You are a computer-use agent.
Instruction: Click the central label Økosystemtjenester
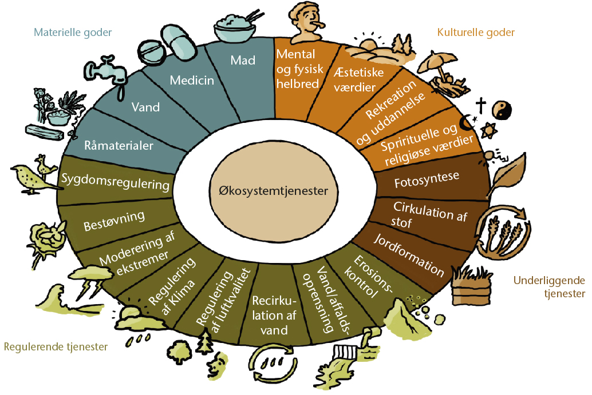coord(273,191)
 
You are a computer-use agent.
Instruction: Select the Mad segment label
coord(243,60)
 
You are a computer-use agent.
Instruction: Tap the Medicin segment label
coord(192,80)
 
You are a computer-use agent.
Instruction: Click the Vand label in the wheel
coord(145,107)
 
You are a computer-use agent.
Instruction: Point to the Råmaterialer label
coord(119,146)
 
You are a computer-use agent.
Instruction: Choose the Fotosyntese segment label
coord(427,180)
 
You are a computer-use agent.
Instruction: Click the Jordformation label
coord(409,255)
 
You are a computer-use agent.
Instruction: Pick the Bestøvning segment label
coord(114,221)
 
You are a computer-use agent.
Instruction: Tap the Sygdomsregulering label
coord(116,182)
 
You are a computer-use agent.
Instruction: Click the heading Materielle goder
coord(73,33)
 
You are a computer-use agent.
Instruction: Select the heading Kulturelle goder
coord(476,33)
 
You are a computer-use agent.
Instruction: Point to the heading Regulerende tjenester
coord(56,347)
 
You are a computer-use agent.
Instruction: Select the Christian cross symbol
coord(480,106)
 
